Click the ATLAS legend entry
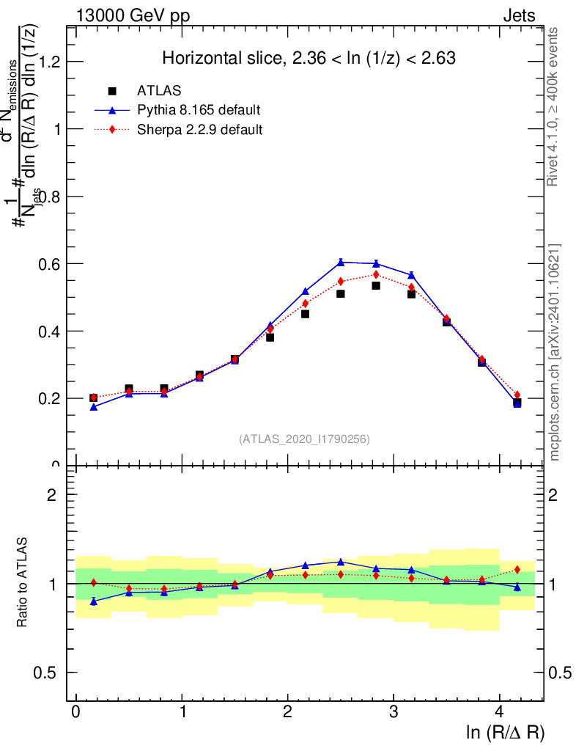pyautogui.click(x=159, y=91)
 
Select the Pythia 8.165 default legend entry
pyautogui.click(x=199, y=110)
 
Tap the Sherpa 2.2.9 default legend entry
pyautogui.click(x=200, y=130)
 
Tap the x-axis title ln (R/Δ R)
pyautogui.click(x=506, y=733)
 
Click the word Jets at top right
pyautogui.click(x=519, y=15)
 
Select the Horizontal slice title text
pyautogui.click(x=309, y=59)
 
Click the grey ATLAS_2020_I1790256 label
pyautogui.click(x=304, y=439)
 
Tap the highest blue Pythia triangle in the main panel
pyautogui.click(x=341, y=262)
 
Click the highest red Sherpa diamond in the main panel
pyautogui.click(x=376, y=274)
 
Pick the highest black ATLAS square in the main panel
pyautogui.click(x=376, y=285)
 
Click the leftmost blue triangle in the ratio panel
pyautogui.click(x=93, y=601)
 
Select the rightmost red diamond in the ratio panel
pyautogui.click(x=517, y=569)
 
